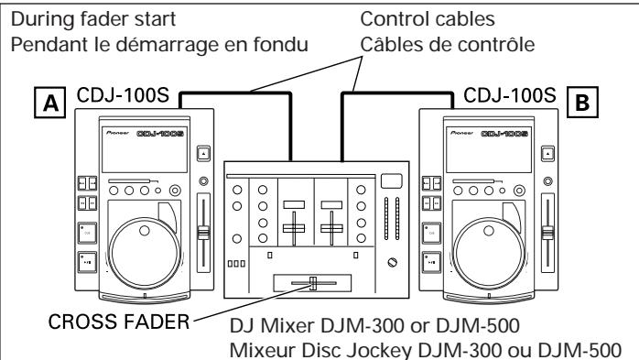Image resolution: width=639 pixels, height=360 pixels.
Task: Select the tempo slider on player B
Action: pos(549,235)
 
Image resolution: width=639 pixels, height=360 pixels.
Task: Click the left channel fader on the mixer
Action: pos(294,224)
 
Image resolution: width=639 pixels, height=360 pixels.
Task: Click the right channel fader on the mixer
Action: pos(331,224)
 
